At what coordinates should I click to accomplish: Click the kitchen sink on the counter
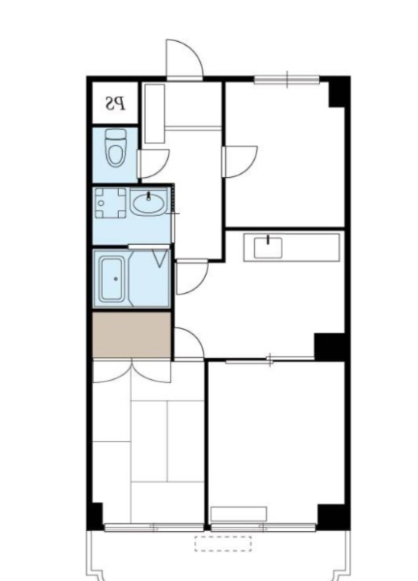pyautogui.click(x=267, y=245)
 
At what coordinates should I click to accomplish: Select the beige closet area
pyautogui.click(x=131, y=336)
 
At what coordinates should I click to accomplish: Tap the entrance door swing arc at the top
pyautogui.click(x=183, y=58)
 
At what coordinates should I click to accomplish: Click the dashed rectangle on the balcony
pyautogui.click(x=223, y=543)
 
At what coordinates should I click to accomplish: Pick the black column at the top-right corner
pyautogui.click(x=339, y=92)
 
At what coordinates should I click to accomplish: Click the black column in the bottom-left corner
pyautogui.click(x=95, y=516)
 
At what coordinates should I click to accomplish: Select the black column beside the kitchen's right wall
pyautogui.click(x=330, y=346)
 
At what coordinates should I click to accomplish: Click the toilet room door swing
pyautogui.click(x=153, y=163)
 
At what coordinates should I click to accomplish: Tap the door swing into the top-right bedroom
pyautogui.click(x=239, y=159)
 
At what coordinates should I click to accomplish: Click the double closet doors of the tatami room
pyautogui.click(x=131, y=372)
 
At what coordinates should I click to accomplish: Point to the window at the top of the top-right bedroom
pyautogui.click(x=286, y=79)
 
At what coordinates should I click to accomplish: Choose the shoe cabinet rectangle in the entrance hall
pyautogui.click(x=154, y=113)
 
